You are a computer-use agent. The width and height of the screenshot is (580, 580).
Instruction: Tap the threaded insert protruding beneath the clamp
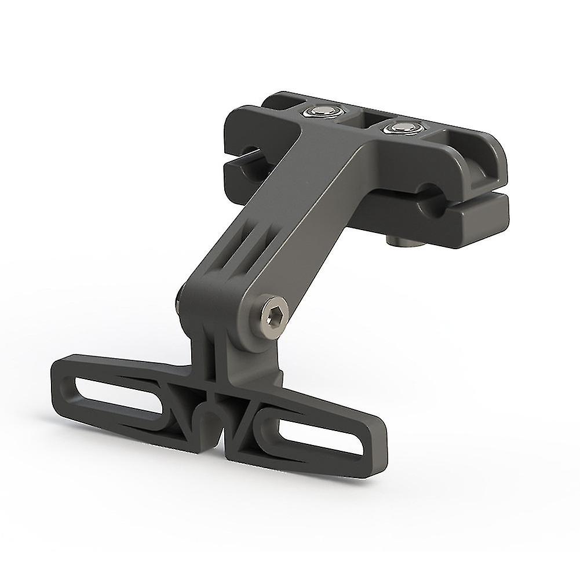click(x=399, y=239)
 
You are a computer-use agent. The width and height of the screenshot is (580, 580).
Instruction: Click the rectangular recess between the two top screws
click(x=359, y=119)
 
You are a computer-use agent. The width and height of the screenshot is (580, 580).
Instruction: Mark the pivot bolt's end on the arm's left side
click(x=176, y=301)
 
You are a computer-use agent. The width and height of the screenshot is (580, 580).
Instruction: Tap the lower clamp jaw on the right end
click(x=464, y=223)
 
